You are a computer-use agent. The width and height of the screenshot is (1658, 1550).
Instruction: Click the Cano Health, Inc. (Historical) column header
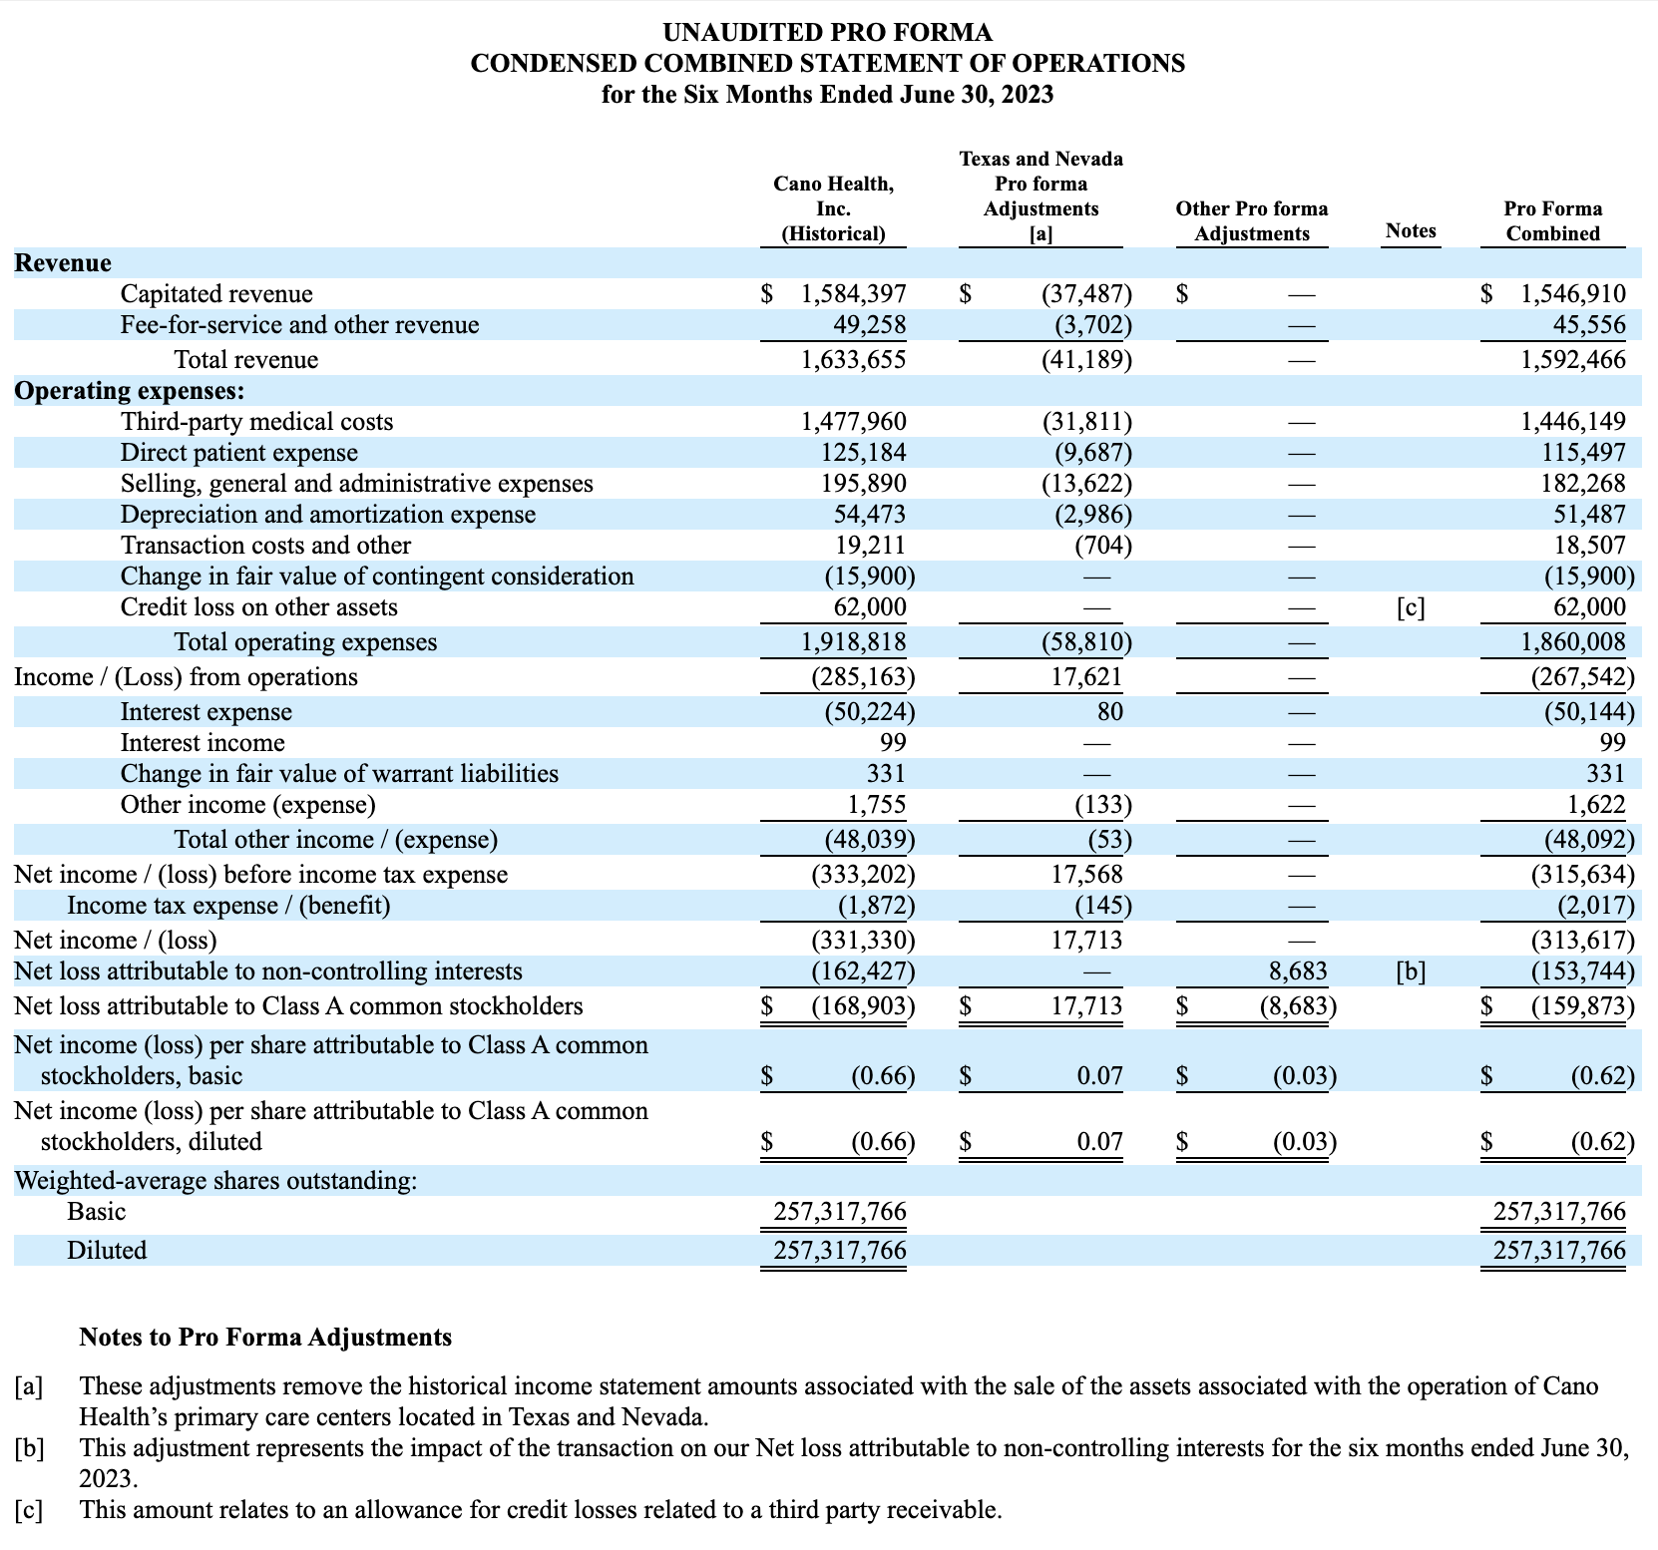pyautogui.click(x=833, y=208)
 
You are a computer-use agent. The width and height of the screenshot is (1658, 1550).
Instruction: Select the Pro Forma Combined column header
pyautogui.click(x=1552, y=220)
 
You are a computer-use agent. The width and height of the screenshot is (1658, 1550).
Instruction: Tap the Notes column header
pyautogui.click(x=1411, y=231)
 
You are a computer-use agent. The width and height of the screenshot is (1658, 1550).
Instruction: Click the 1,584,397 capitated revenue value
pyautogui.click(x=853, y=294)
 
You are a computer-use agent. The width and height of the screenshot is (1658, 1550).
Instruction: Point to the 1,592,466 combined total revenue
pyautogui.click(x=1572, y=360)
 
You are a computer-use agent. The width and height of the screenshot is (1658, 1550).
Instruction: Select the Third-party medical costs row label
pyautogui.click(x=256, y=422)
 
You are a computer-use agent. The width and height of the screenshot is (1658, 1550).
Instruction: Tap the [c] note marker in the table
pyautogui.click(x=1411, y=607)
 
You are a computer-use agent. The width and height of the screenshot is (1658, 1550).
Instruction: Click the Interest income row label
pyautogui.click(x=203, y=743)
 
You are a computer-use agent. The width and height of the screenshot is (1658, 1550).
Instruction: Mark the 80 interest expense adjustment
pyautogui.click(x=1109, y=712)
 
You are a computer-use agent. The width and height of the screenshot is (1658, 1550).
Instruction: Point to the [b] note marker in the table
pyautogui.click(x=1411, y=971)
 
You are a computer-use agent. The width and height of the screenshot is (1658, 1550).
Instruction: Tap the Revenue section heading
pyautogui.click(x=63, y=263)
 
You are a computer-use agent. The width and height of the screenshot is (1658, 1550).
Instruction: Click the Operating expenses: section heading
pyautogui.click(x=129, y=391)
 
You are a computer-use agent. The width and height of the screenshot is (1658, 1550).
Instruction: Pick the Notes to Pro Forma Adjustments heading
pyautogui.click(x=265, y=1338)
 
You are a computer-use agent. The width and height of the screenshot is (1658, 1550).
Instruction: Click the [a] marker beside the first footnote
pyautogui.click(x=29, y=1386)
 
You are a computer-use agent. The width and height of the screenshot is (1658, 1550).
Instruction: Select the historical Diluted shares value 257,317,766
pyautogui.click(x=840, y=1251)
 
